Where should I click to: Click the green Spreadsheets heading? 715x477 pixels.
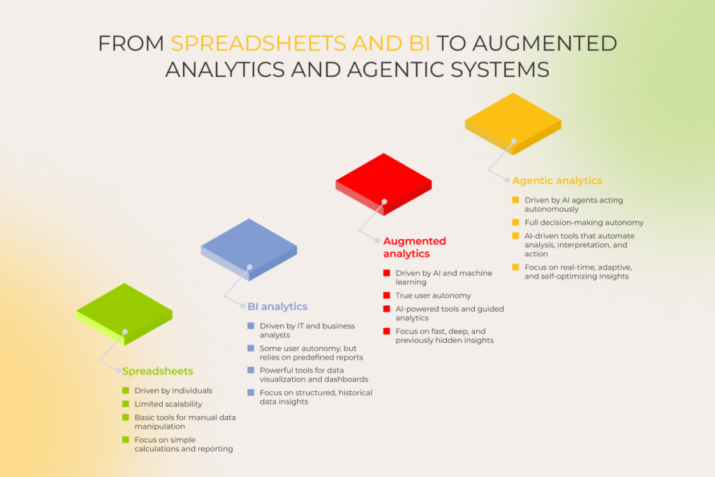[158, 371]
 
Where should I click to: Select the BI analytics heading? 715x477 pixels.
[277, 307]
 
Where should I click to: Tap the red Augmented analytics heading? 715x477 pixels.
[414, 247]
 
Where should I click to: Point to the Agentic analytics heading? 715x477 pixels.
[556, 181]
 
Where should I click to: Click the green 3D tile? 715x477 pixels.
[124, 313]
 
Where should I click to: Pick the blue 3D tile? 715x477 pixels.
[249, 249]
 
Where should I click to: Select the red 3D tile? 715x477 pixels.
[383, 183]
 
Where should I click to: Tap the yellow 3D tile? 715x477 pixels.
[513, 122]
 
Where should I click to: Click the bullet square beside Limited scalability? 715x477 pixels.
[126, 404]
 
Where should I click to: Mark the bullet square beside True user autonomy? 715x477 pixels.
[387, 295]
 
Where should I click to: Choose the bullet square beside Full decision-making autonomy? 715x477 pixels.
[515, 222]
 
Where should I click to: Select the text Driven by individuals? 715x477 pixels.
[173, 390]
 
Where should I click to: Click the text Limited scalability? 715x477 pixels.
[168, 404]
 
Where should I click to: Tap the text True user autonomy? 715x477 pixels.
[433, 295]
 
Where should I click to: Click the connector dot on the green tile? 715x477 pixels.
[125, 332]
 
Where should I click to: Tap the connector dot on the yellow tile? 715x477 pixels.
[513, 141]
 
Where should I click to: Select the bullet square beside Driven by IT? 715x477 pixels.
[251, 326]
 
